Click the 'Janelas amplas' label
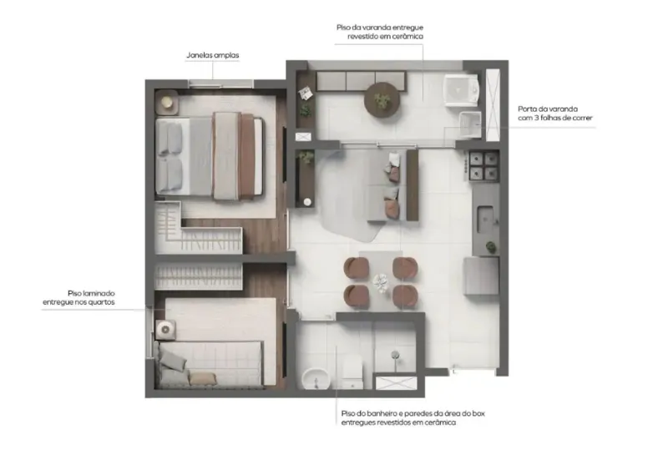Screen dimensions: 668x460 click(x=213, y=55)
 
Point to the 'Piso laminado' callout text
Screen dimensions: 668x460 click(x=91, y=294)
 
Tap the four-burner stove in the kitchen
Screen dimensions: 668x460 click(x=483, y=165)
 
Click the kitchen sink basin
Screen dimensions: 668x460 click(x=485, y=219)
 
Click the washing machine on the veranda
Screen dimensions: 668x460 click(x=461, y=90)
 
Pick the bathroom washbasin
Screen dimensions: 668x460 click(x=316, y=378)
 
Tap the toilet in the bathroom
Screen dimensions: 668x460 click(x=352, y=373)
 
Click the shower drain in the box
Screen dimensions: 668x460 click(x=395, y=354)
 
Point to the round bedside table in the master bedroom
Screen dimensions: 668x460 click(x=166, y=103)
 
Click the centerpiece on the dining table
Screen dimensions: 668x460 click(x=381, y=282)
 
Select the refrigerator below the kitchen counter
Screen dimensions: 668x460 click(x=482, y=276)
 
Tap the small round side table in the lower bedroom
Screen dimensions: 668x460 click(x=165, y=329)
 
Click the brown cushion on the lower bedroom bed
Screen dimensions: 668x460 click(x=203, y=379)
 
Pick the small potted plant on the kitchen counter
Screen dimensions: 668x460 click(x=491, y=246)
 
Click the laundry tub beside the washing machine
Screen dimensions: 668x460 click(x=470, y=124)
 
